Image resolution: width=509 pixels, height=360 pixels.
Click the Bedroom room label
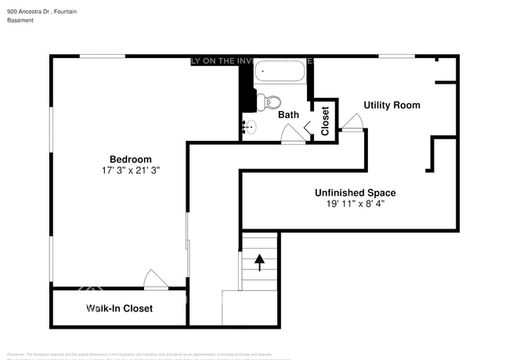[130, 159]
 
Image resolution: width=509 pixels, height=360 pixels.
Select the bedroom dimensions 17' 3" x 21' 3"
[130, 170]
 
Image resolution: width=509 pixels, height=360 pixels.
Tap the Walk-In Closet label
[119, 308]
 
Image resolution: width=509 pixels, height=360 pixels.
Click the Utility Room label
[392, 105]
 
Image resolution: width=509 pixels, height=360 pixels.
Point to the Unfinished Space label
[355, 193]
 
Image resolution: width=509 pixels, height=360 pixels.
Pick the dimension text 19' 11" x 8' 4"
[355, 203]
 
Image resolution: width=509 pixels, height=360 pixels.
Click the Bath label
[288, 115]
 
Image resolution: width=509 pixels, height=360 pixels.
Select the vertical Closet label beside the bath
[325, 121]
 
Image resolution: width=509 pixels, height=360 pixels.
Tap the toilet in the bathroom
[270, 102]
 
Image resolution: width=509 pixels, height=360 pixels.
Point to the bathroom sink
[249, 126]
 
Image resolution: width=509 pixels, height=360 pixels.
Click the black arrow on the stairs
[259, 261]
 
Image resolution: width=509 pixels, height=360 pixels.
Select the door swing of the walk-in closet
[154, 279]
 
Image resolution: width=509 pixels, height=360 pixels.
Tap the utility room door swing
[352, 122]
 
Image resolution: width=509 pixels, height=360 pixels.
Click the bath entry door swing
[293, 135]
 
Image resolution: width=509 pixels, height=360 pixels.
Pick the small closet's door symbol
[310, 126]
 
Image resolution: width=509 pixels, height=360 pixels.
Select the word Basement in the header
[20, 20]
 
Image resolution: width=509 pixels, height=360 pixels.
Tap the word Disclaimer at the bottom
[16, 355]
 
